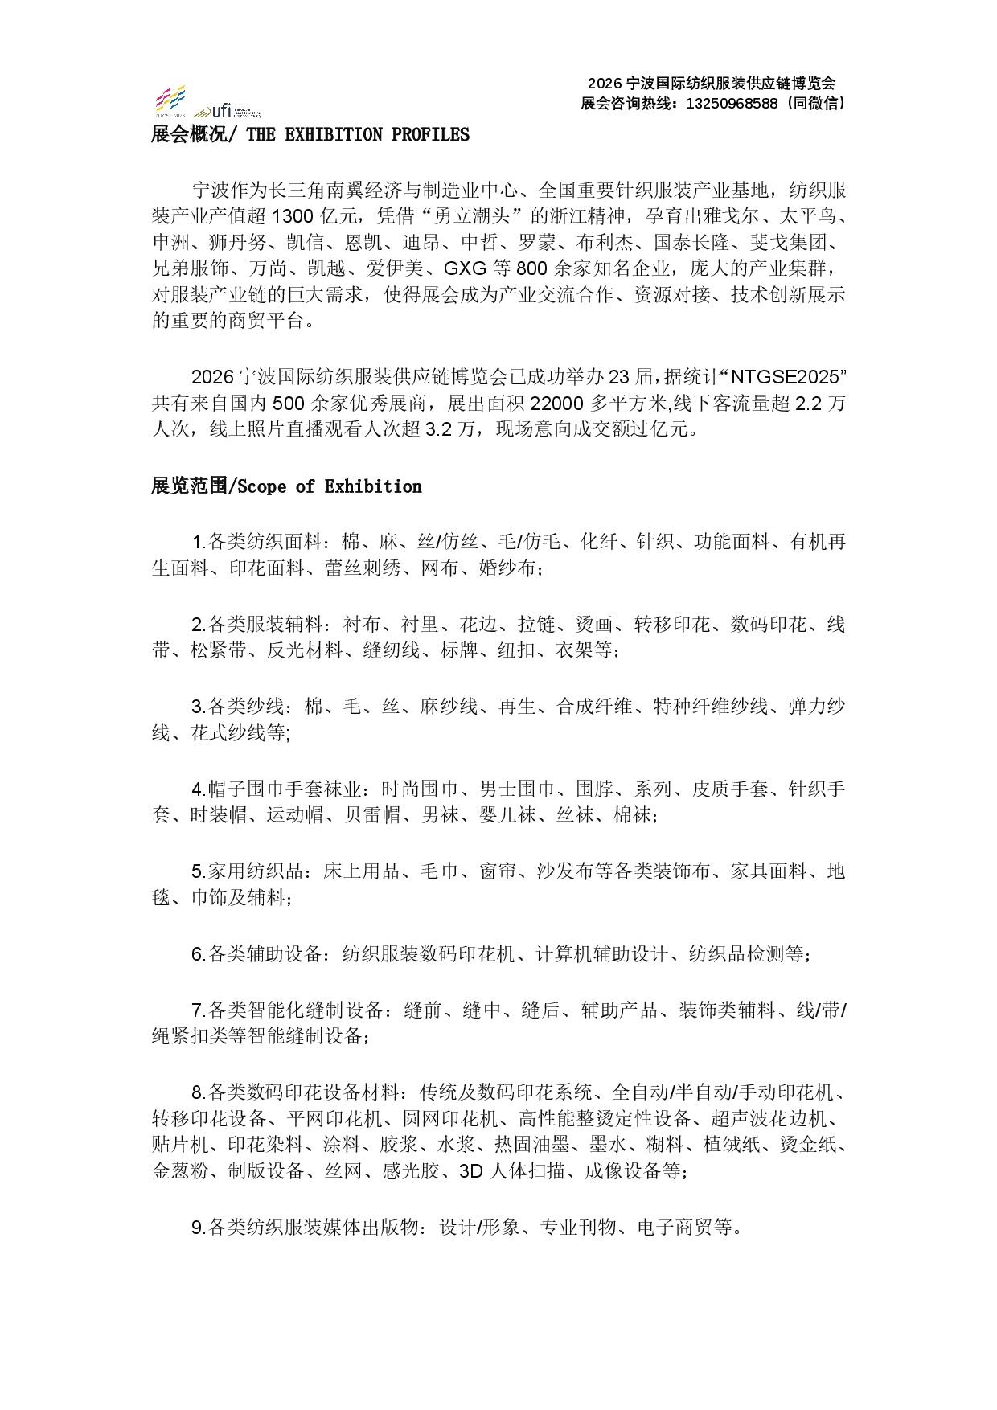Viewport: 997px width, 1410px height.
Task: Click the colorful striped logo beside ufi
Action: click(170, 100)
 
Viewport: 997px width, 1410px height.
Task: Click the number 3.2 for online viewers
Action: click(438, 429)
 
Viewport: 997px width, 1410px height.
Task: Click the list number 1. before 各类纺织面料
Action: click(199, 543)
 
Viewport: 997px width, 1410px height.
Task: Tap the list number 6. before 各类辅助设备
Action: click(199, 954)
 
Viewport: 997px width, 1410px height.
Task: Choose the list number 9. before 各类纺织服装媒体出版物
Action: click(199, 1228)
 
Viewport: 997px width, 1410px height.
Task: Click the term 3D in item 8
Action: click(470, 1171)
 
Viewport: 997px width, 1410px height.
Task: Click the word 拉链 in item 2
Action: click(537, 625)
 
